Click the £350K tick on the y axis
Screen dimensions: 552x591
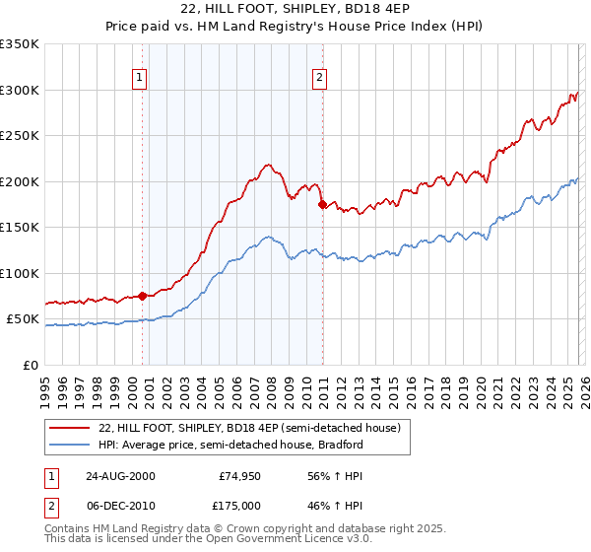20,44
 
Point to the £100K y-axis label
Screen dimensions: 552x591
20,273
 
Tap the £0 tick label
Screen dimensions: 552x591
30,365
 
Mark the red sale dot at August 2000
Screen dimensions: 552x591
143,295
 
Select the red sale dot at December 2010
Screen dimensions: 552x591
323,205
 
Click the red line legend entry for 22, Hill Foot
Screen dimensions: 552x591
249,429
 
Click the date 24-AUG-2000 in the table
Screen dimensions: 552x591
120,475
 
